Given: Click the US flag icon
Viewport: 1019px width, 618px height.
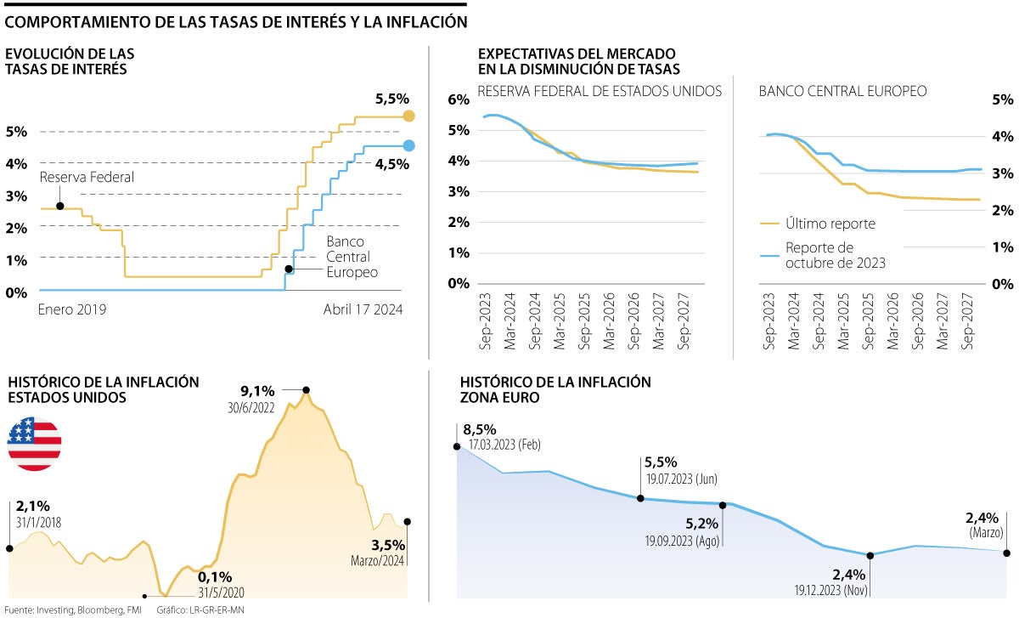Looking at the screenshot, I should coord(35,445).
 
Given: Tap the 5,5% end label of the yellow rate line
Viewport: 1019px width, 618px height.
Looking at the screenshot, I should coord(392,99).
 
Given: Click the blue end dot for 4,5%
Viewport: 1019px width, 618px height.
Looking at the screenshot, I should coord(409,145).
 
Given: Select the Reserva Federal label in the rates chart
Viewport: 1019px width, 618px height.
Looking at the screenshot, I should coord(87,178).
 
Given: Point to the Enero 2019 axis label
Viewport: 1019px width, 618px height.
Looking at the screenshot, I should coord(72,310).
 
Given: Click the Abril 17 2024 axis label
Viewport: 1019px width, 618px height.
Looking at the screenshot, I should coord(363,310).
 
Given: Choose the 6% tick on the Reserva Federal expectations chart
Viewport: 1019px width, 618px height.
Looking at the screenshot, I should coord(459,99).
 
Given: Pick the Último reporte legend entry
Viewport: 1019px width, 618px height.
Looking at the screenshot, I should coord(830,224).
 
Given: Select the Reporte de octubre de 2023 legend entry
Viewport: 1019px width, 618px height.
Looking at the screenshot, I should coord(835,255).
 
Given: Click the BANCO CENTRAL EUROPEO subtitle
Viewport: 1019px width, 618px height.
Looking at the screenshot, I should coord(842,90).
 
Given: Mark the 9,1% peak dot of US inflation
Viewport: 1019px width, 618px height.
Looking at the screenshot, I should coord(306,390).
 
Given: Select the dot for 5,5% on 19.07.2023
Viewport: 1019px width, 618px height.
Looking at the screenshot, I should coord(640,498).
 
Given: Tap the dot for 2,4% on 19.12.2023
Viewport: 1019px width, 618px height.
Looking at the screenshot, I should coord(871,555).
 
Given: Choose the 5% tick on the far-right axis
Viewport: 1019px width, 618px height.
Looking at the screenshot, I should coord(1002,99).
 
